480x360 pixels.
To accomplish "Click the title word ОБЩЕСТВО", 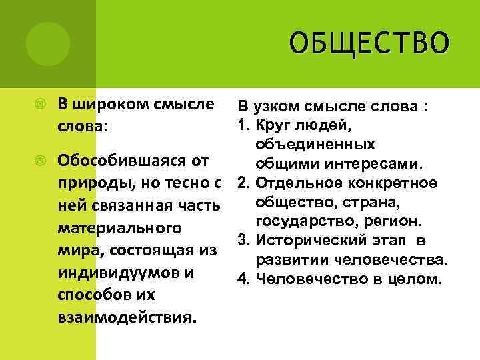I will pos(370,43).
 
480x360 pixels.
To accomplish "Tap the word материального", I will pos(119,228).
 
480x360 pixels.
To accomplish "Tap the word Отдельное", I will pos(291,183).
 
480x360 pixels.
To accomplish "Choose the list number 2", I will pos(241,183).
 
